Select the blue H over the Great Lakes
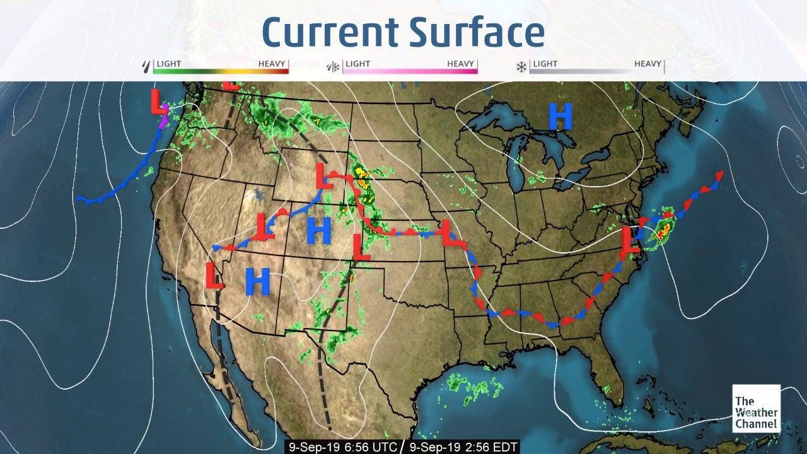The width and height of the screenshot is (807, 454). point(560,117)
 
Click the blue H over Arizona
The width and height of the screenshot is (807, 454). point(257,281)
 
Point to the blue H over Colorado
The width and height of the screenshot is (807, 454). point(319,231)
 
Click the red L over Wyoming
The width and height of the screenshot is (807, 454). point(325,176)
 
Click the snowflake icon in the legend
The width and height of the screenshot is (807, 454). point(521,66)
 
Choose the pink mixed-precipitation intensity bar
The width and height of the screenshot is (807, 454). point(410,71)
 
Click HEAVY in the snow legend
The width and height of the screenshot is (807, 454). point(647,64)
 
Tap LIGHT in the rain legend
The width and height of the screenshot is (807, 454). point(169,64)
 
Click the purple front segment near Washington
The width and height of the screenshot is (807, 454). point(164,118)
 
